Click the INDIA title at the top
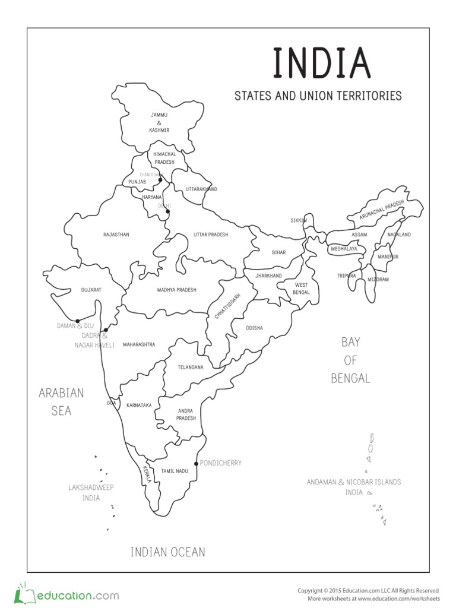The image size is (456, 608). (x=321, y=64)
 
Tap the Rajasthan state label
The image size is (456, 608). (x=116, y=235)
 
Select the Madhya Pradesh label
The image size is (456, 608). (x=176, y=290)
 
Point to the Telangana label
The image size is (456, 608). (x=190, y=367)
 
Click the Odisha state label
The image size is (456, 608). (x=254, y=328)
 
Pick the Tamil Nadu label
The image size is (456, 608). (x=175, y=471)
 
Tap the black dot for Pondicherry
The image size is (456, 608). (x=197, y=463)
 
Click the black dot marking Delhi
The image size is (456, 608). (x=167, y=211)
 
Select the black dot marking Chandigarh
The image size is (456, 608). (x=160, y=179)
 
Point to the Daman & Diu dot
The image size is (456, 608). (x=78, y=321)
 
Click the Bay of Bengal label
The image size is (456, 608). (x=350, y=360)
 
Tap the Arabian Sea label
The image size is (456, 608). (x=61, y=401)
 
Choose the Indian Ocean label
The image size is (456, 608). (x=168, y=552)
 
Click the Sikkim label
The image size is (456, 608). (x=299, y=220)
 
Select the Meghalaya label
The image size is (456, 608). (x=344, y=249)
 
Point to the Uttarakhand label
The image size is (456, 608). (x=201, y=189)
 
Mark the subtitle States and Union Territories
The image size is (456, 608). (x=318, y=96)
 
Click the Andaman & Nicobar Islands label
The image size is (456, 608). (x=353, y=482)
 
